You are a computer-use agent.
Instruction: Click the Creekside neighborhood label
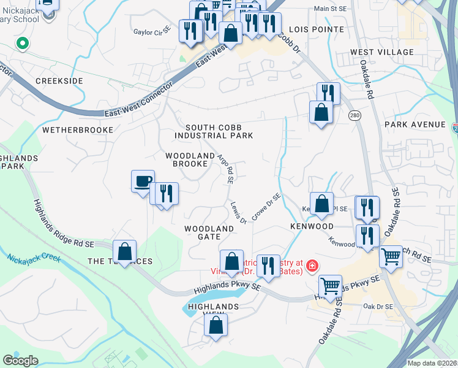(59, 81)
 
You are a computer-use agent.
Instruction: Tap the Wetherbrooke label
(78, 130)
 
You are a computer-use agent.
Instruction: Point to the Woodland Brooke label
(190, 159)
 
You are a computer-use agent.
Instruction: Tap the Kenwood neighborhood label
(312, 226)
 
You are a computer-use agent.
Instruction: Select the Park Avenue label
(415, 125)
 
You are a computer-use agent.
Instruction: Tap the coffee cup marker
(143, 182)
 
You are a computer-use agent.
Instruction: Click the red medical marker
(312, 265)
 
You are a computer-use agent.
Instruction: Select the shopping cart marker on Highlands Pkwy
(330, 285)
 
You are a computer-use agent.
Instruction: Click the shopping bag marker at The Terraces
(124, 251)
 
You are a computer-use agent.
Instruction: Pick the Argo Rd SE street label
(226, 169)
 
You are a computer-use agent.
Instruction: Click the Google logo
(21, 361)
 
